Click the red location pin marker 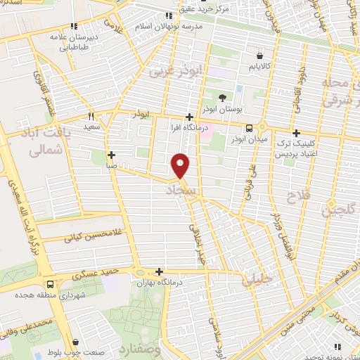click(x=180, y=165)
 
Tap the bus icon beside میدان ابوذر click(x=250, y=128)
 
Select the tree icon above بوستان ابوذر click(x=223, y=98)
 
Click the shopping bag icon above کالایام click(x=261, y=54)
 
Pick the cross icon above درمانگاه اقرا click(x=188, y=117)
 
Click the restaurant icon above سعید click(x=91, y=117)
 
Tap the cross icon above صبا click(x=111, y=155)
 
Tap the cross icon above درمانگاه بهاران click(x=160, y=271)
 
